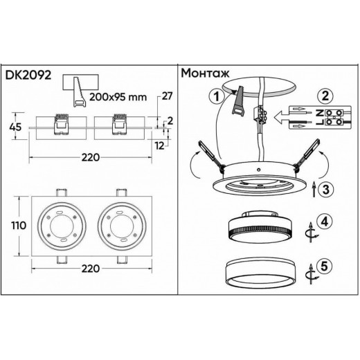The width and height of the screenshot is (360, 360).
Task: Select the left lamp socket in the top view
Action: (61, 225)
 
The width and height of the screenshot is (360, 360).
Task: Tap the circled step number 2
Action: (327, 98)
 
